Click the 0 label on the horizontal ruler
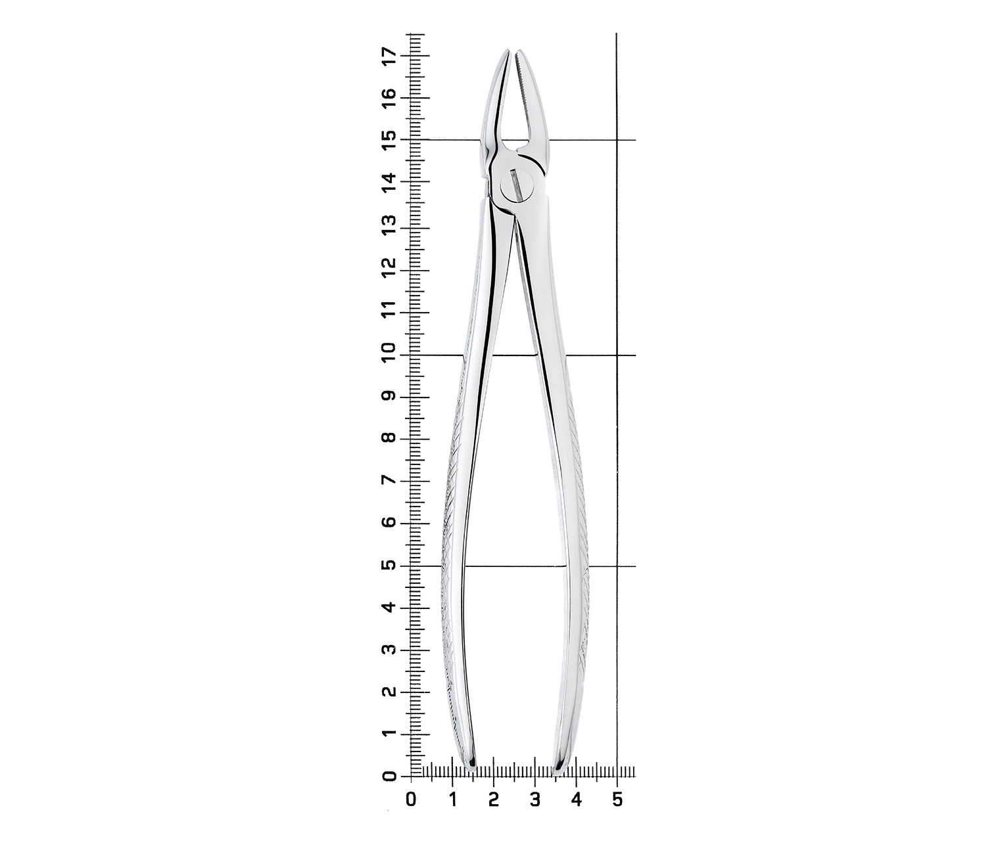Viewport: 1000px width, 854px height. click(x=411, y=800)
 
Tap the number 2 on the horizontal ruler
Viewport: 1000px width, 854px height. click(x=494, y=800)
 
